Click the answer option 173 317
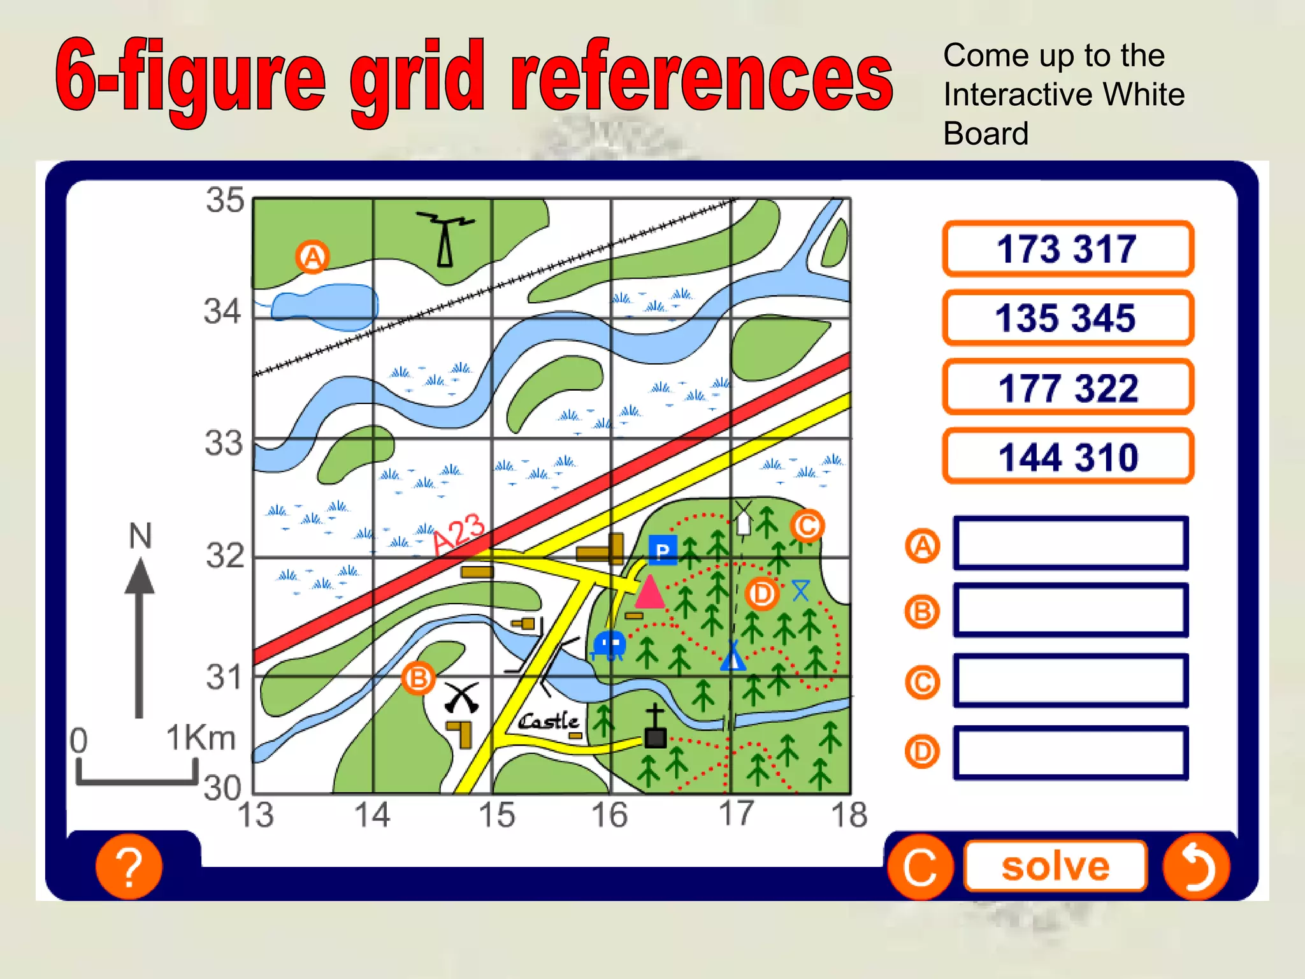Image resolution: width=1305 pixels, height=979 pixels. point(1067,249)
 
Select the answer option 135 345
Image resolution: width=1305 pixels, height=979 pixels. point(1067,317)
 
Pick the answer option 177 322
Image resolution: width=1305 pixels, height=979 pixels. point(1067,387)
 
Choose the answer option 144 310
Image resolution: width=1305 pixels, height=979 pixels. point(1067,456)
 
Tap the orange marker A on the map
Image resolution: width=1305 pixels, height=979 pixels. point(312,257)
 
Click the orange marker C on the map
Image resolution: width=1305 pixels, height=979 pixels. point(807,526)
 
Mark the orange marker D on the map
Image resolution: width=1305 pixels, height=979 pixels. point(761,594)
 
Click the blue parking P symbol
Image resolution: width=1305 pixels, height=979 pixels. point(663,550)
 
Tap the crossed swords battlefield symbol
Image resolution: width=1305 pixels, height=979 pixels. point(461,698)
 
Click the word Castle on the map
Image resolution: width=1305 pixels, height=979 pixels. point(549,721)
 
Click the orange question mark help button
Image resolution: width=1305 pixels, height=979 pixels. point(129,867)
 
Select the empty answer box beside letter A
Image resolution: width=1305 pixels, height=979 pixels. point(1071,544)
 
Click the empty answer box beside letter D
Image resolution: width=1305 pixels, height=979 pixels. point(1071,752)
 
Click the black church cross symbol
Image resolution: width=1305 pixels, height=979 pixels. point(654,727)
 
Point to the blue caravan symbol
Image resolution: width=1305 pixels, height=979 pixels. point(609,644)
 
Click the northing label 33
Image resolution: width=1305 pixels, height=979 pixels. point(224,443)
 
